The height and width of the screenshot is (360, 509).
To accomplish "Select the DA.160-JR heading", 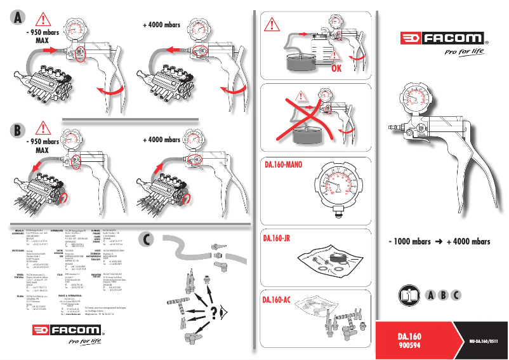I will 277,238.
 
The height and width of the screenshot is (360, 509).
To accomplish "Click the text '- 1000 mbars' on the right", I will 409,242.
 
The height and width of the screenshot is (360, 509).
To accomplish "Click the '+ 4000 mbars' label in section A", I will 161,25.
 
